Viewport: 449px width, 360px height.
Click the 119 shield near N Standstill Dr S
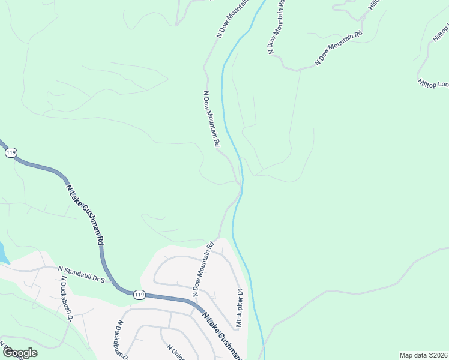click(139, 294)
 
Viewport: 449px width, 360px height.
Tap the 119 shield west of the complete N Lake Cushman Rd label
click(11, 153)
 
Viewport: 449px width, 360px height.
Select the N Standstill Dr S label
click(81, 274)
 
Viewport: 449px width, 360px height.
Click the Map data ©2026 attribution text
click(423, 355)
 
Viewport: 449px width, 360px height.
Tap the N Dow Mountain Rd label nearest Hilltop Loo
click(339, 48)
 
